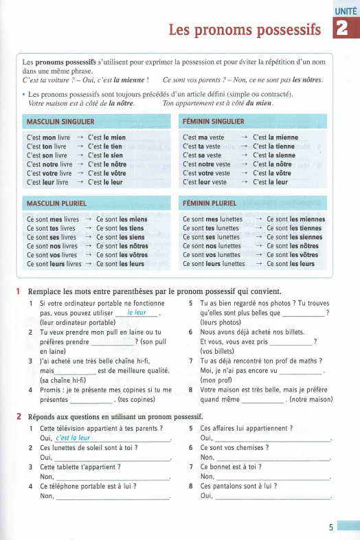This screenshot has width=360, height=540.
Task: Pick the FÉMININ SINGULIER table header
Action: tap(213, 122)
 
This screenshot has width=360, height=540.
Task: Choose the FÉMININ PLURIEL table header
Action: tap(210, 203)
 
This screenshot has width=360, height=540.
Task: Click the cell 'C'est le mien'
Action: tap(106, 138)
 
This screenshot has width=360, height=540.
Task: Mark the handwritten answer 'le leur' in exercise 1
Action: tap(138, 313)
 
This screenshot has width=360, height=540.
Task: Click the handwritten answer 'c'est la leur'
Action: tap(74, 438)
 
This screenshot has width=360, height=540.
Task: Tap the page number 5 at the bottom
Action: tap(330, 527)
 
